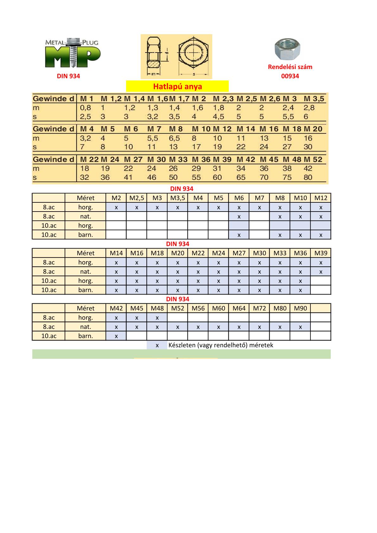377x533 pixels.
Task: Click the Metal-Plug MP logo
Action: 73,53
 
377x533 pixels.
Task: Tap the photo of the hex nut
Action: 287,50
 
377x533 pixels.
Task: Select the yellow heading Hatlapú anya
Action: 177,86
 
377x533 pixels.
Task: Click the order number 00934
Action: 290,76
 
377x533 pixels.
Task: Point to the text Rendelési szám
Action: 290,67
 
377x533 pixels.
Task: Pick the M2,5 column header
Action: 137,198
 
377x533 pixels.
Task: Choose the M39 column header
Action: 321,253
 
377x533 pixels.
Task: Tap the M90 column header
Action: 300,308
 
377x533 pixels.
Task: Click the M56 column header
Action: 198,308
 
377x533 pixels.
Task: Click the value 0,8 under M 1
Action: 85,108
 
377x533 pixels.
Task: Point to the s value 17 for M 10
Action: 196,147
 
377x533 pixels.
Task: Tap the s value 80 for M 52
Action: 308,177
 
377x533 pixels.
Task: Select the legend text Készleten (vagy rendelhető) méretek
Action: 220,345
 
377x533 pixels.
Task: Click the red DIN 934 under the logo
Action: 68,76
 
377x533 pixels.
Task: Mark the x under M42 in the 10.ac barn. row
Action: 116,336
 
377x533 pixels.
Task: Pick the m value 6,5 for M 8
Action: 174,138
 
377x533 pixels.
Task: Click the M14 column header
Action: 116,253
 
